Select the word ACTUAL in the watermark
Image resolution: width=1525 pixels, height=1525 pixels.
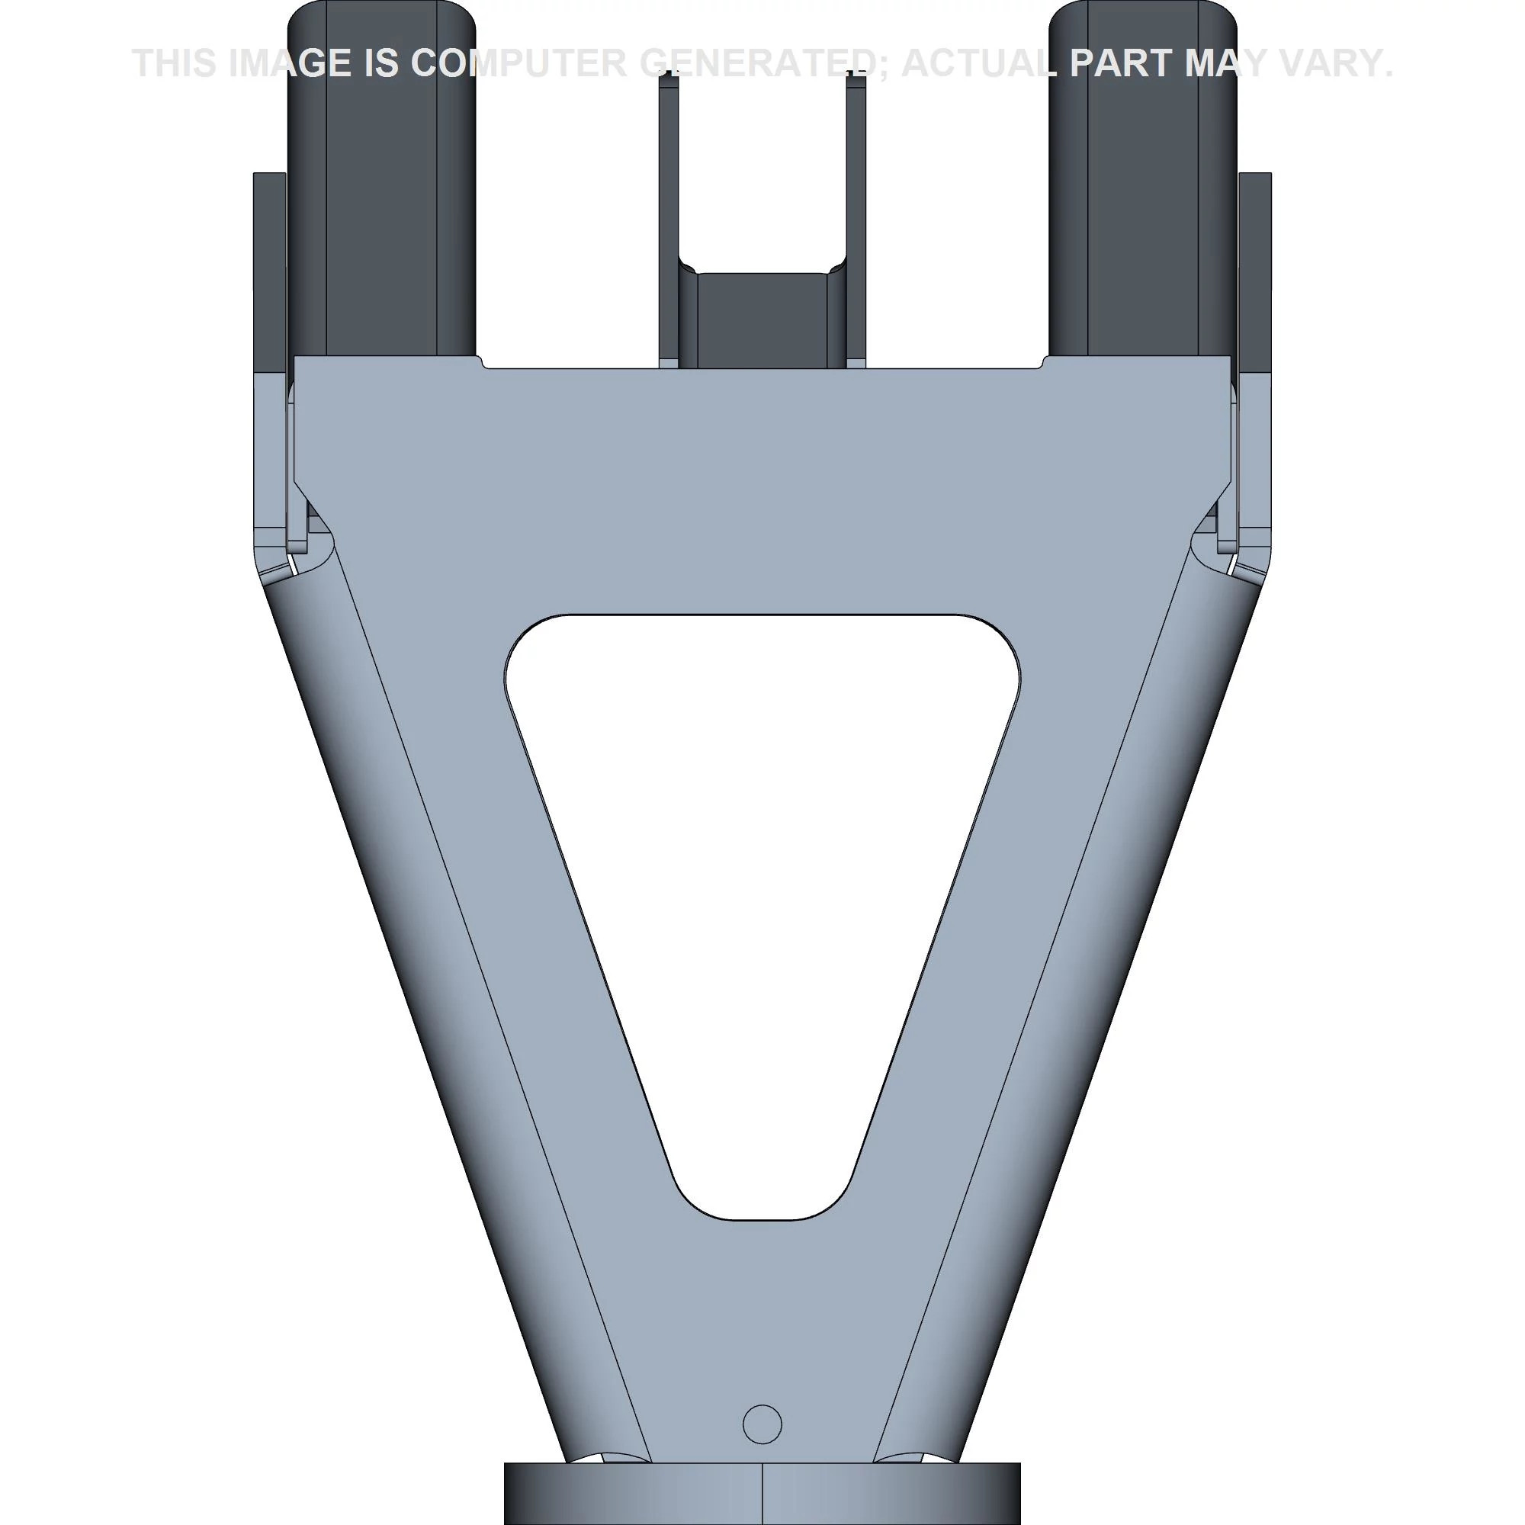click(979, 63)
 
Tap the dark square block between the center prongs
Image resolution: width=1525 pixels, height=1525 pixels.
click(762, 319)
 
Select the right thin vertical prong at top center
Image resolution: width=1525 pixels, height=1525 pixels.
click(856, 221)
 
